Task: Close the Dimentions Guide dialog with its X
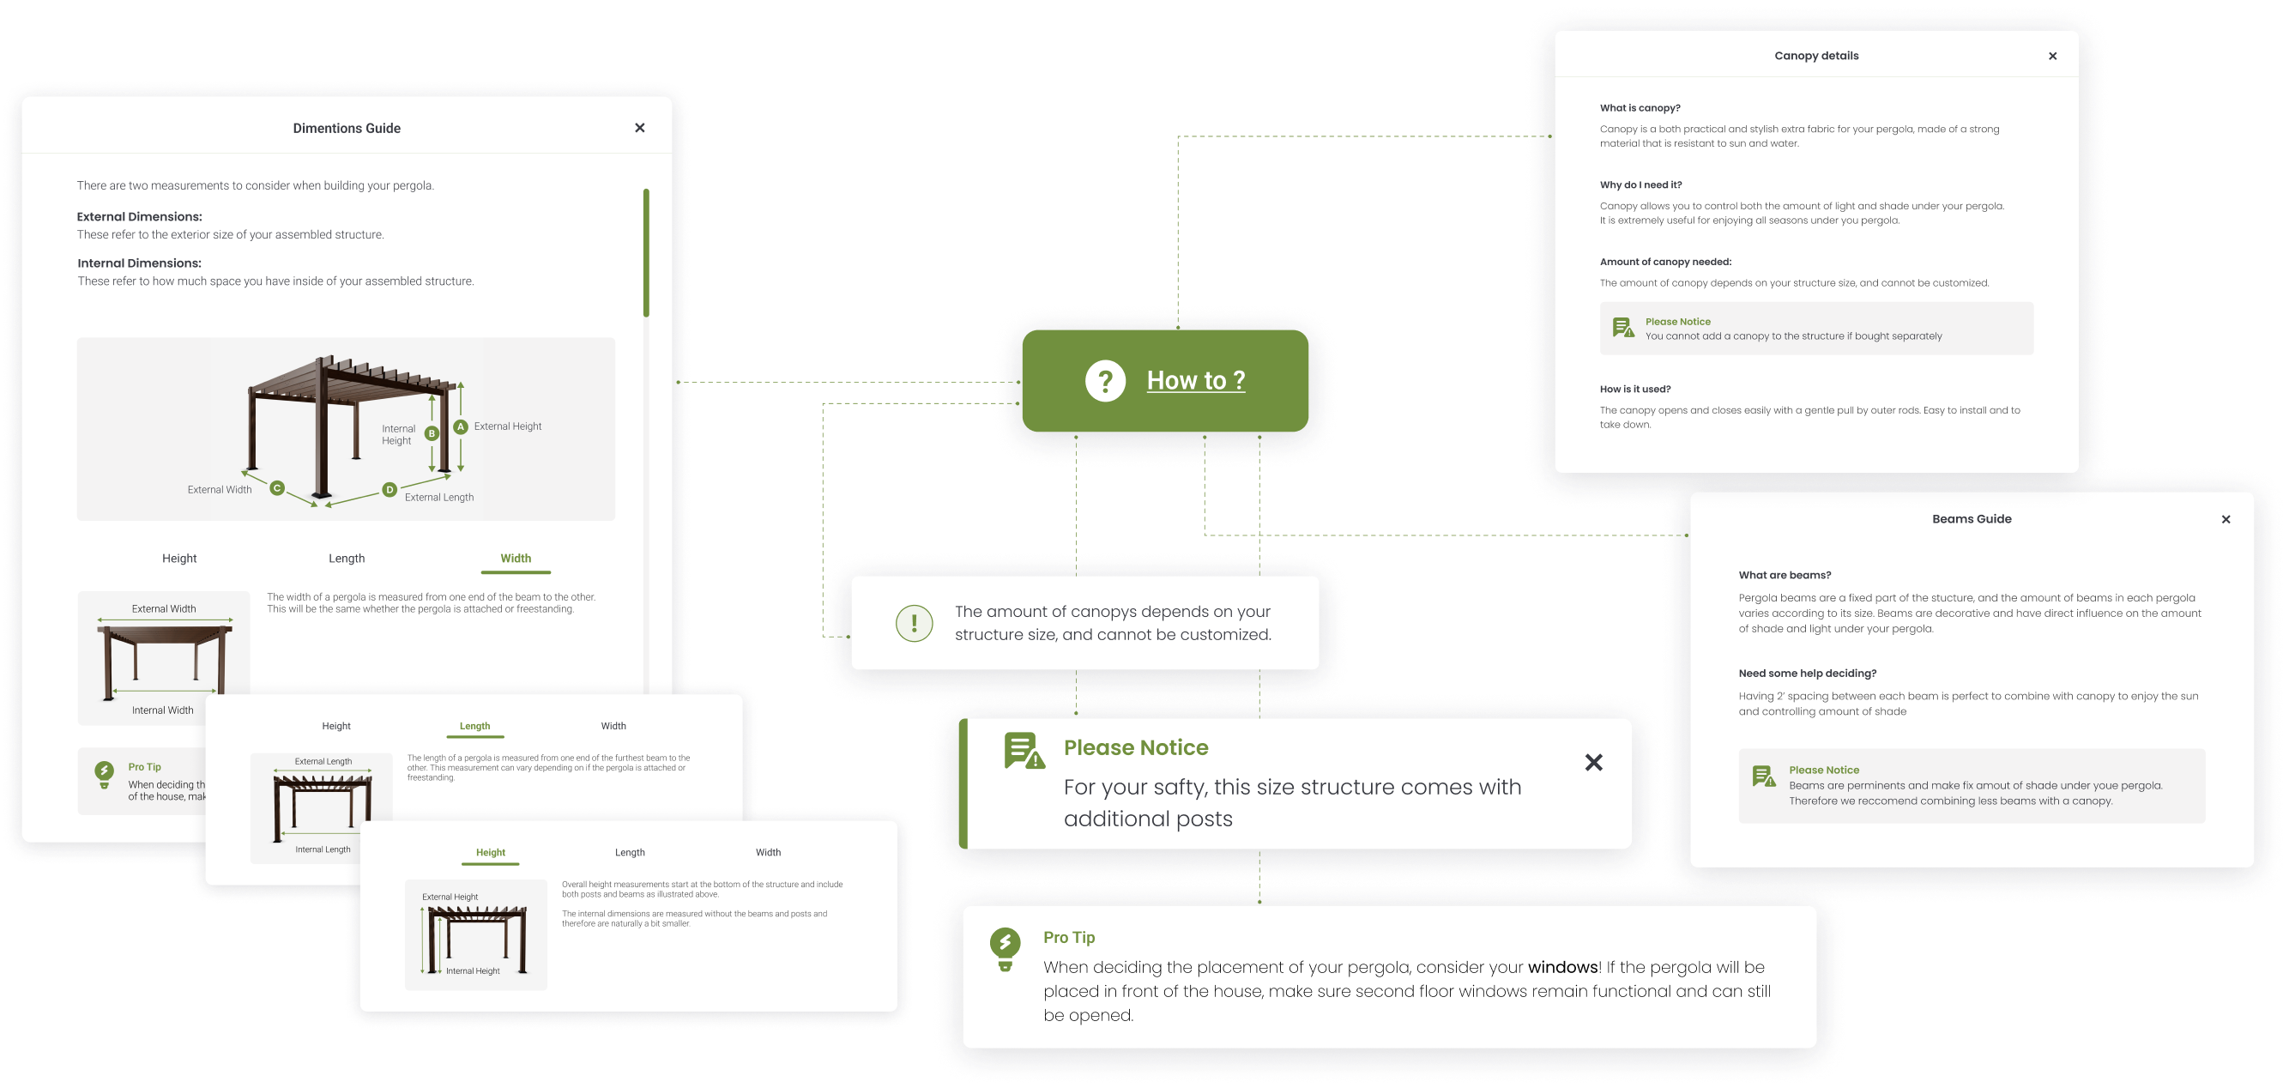click(x=640, y=128)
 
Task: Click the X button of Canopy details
click(x=2052, y=56)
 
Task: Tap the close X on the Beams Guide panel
click(x=2226, y=519)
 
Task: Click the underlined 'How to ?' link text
click(x=1195, y=380)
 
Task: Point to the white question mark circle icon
click(x=1105, y=381)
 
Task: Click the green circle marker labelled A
click(x=460, y=426)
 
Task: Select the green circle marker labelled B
click(x=432, y=434)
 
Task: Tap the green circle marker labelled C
click(x=277, y=488)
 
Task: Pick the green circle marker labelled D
click(x=390, y=490)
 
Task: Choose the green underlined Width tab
click(x=516, y=559)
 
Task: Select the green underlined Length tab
click(x=474, y=726)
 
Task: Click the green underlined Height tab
click(x=491, y=852)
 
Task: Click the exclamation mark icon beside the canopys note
click(x=915, y=623)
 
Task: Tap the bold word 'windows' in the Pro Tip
click(x=1562, y=967)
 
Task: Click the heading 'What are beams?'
click(x=1785, y=575)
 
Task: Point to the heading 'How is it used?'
click(x=1635, y=390)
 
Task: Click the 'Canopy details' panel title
click(x=1816, y=56)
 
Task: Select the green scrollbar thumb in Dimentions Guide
click(x=646, y=253)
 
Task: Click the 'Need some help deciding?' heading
click(x=1808, y=674)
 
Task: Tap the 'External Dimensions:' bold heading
click(x=140, y=217)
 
